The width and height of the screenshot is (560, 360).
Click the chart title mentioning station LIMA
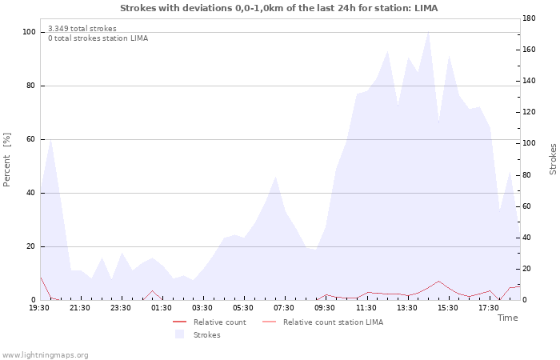[278, 8]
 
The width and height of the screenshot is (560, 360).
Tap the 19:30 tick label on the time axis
[39, 308]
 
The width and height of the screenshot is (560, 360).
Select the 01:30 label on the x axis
[162, 308]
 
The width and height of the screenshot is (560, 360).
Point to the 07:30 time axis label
[284, 308]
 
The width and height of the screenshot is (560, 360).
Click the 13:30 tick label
[406, 308]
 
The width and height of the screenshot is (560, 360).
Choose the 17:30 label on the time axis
[489, 308]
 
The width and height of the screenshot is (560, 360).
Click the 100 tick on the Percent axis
[29, 32]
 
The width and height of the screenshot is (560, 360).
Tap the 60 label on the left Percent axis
[30, 139]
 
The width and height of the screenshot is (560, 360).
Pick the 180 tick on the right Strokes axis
[529, 18]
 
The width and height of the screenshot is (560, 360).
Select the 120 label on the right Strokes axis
[529, 112]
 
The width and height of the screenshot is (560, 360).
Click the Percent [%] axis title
[6, 160]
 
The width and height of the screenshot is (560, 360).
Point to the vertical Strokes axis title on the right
[553, 159]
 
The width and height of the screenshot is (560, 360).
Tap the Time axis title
[507, 318]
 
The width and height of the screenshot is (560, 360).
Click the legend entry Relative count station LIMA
[323, 322]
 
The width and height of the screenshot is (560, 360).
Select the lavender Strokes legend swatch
[179, 334]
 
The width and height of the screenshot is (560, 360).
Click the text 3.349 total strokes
[82, 29]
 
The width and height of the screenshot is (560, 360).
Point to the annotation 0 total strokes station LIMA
[98, 38]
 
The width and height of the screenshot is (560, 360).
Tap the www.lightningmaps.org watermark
[45, 355]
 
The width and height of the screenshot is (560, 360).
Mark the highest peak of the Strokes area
[428, 32]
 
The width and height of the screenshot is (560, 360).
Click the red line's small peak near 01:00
[153, 290]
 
